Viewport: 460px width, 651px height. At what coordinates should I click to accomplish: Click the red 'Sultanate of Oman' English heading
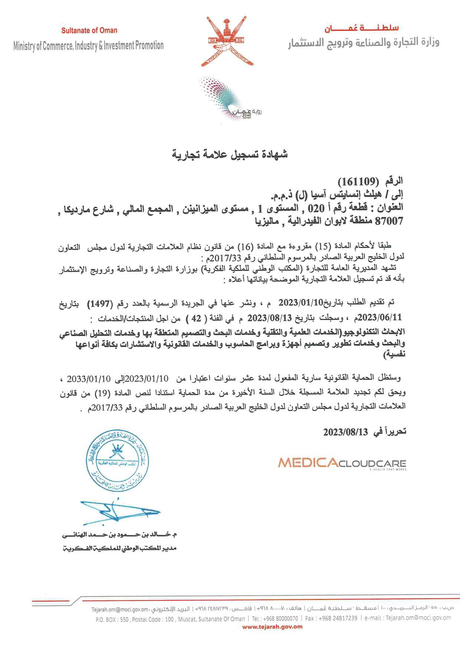pos(89,30)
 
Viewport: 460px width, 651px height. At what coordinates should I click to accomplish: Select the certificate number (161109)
pos(357,181)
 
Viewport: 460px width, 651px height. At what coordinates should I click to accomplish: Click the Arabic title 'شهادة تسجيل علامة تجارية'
pos(230,154)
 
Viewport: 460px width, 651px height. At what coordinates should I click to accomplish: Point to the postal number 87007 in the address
pos(389,221)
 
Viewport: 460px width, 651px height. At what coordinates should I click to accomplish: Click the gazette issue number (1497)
pos(100,304)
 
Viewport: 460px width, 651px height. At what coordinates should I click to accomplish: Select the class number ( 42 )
pos(196,318)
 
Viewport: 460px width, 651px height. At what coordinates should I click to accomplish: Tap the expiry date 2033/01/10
pos(89,379)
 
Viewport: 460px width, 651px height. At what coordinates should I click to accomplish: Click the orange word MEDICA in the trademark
pos(308,463)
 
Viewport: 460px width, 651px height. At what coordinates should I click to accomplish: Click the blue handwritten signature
pos(119,512)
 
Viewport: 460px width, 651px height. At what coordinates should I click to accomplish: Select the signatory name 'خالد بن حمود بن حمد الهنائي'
pos(119,535)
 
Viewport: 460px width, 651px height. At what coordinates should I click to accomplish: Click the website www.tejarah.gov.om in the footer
pos(272,627)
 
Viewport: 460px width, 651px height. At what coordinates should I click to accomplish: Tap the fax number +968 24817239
pos(337,618)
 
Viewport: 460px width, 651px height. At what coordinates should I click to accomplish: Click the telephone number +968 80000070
pos(275,618)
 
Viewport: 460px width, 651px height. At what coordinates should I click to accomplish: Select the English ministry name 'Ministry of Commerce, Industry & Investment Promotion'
pos(88,46)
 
